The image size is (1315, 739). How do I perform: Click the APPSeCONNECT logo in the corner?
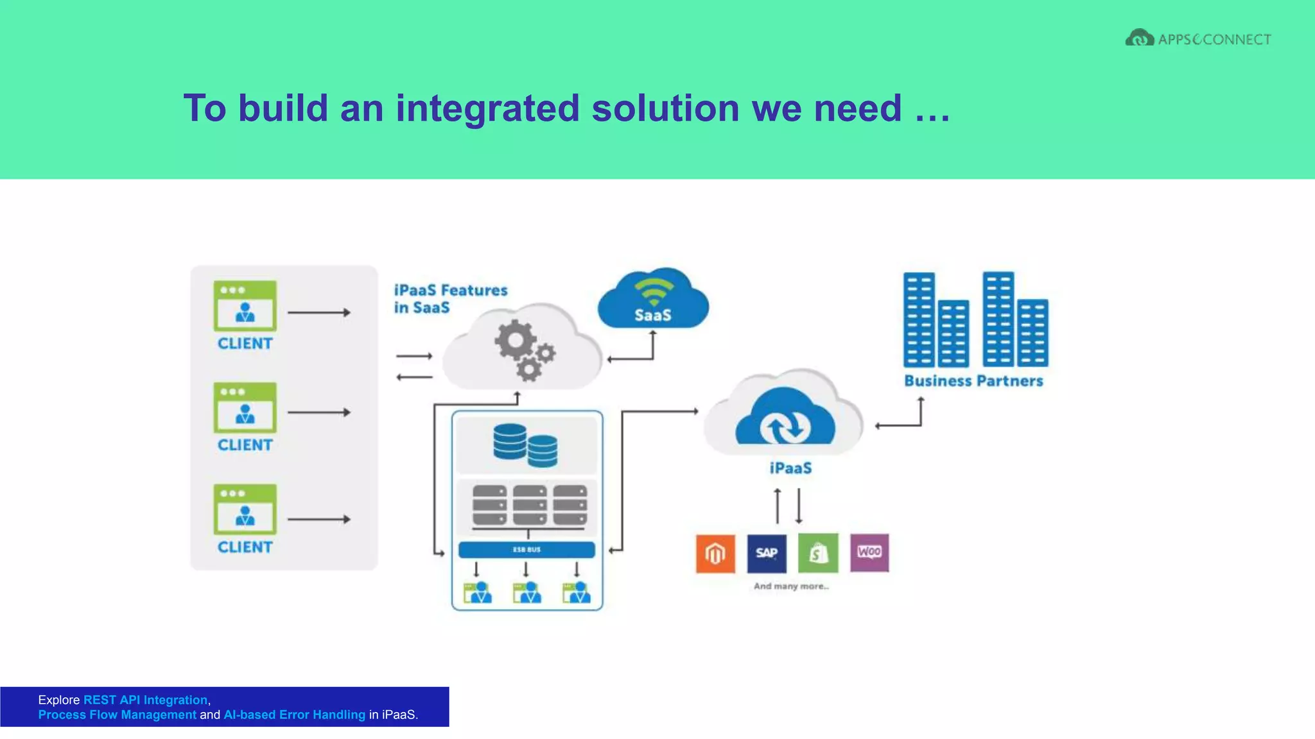point(1198,38)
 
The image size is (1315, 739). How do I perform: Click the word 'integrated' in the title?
point(487,108)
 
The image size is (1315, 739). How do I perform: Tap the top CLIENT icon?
point(245,306)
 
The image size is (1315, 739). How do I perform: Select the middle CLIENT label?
point(245,445)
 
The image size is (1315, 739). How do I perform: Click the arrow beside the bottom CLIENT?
point(318,519)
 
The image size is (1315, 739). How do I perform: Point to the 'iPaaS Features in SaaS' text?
point(450,299)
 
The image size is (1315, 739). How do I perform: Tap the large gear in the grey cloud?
point(514,341)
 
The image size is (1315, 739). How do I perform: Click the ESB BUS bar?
point(527,550)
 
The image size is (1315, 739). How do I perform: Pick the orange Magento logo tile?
point(715,553)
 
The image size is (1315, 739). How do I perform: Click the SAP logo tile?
point(767,553)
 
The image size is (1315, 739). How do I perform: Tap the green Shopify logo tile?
point(818,553)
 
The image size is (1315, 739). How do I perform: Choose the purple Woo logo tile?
point(869,552)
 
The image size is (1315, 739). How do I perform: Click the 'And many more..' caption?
point(791,586)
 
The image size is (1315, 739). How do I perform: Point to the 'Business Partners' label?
point(973,381)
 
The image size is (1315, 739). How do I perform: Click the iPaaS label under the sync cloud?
point(790,468)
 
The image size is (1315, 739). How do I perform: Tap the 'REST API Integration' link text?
point(145,700)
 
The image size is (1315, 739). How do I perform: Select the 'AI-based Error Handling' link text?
point(294,715)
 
